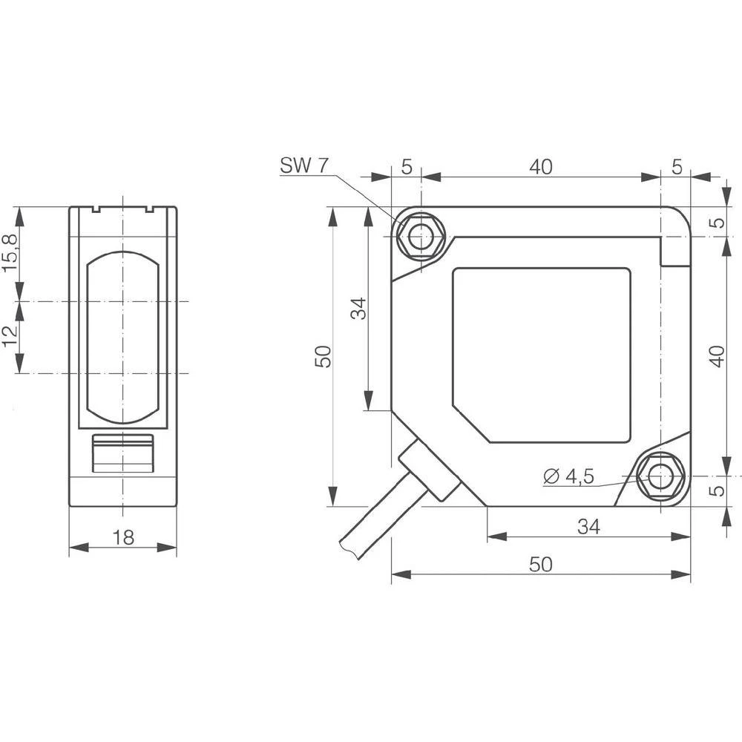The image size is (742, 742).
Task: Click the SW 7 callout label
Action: pyautogui.click(x=303, y=165)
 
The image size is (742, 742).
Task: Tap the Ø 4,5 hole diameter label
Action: pyautogui.click(x=569, y=477)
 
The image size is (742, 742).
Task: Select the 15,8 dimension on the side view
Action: pyautogui.click(x=9, y=254)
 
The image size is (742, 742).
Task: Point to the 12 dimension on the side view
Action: pyautogui.click(x=9, y=338)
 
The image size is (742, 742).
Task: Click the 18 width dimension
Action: pyautogui.click(x=123, y=538)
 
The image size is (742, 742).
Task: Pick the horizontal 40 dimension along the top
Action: pyautogui.click(x=541, y=167)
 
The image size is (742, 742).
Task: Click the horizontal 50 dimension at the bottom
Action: pyautogui.click(x=541, y=564)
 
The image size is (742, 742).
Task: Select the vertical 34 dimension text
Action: pyautogui.click(x=359, y=308)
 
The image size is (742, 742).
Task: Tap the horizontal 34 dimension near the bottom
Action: pyautogui.click(x=588, y=526)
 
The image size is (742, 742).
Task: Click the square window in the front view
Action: pyautogui.click(x=542, y=355)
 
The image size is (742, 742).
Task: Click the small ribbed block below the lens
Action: pyautogui.click(x=122, y=453)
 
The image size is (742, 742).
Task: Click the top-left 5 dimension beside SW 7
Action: pyautogui.click(x=406, y=167)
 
